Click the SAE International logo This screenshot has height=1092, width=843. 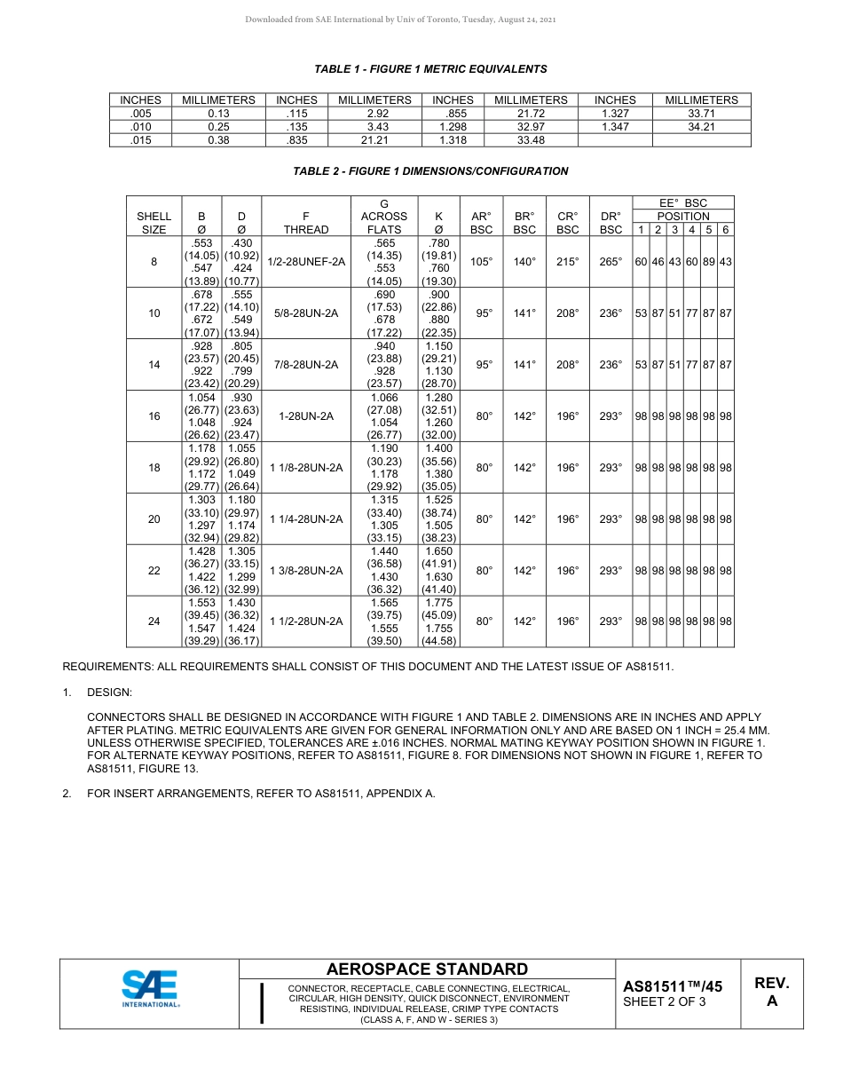(151, 989)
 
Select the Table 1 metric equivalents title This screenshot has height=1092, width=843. (430, 69)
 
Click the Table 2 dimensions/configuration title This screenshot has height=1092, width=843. (430, 171)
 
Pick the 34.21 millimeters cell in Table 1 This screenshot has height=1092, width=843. (701, 127)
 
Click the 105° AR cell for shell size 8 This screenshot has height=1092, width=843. (482, 262)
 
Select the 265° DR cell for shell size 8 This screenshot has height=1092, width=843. (611, 262)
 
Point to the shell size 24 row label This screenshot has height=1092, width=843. (154, 621)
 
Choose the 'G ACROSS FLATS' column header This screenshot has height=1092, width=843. (384, 217)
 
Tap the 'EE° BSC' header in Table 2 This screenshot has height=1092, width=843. (682, 203)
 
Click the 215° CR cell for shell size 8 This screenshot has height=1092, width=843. (567, 262)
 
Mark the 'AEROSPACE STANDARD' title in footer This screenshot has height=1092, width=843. (427, 969)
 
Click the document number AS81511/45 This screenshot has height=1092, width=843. (673, 986)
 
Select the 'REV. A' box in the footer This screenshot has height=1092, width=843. (771, 993)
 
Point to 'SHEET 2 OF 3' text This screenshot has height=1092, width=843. (665, 1003)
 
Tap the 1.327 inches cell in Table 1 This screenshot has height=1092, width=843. (615, 114)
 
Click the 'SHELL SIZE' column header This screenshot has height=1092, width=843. (154, 223)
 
